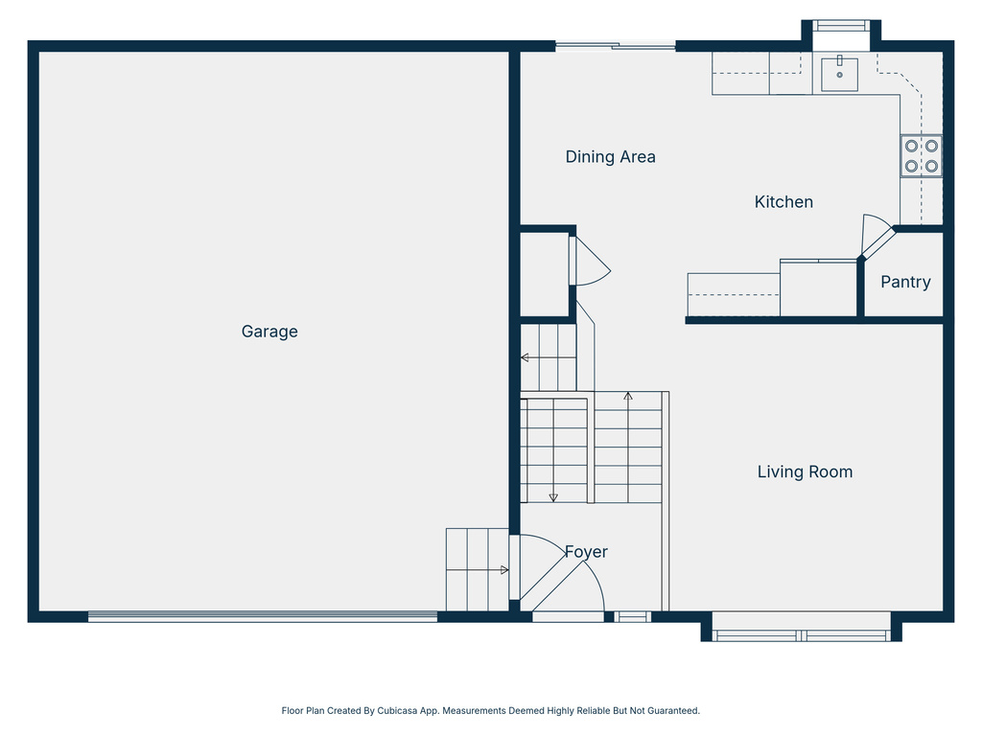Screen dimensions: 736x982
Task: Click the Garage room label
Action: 269,332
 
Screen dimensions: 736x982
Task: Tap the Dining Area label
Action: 610,157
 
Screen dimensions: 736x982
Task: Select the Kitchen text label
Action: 783,202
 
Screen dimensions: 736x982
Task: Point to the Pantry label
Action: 905,283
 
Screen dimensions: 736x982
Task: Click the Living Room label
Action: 805,471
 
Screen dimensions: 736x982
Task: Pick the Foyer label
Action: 585,552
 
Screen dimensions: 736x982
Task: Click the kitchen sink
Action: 839,73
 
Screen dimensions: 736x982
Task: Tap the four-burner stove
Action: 921,156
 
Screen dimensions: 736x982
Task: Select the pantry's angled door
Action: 876,237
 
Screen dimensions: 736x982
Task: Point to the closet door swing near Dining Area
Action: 589,261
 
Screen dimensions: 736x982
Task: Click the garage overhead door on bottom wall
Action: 263,617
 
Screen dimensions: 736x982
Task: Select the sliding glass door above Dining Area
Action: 615,45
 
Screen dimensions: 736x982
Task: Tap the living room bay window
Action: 802,634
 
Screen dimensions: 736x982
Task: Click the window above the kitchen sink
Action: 840,26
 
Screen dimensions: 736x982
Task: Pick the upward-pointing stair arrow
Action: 628,396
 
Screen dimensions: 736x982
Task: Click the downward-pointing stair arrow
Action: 553,495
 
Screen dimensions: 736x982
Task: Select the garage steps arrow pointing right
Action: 503,570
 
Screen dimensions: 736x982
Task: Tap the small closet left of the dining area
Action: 544,274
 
